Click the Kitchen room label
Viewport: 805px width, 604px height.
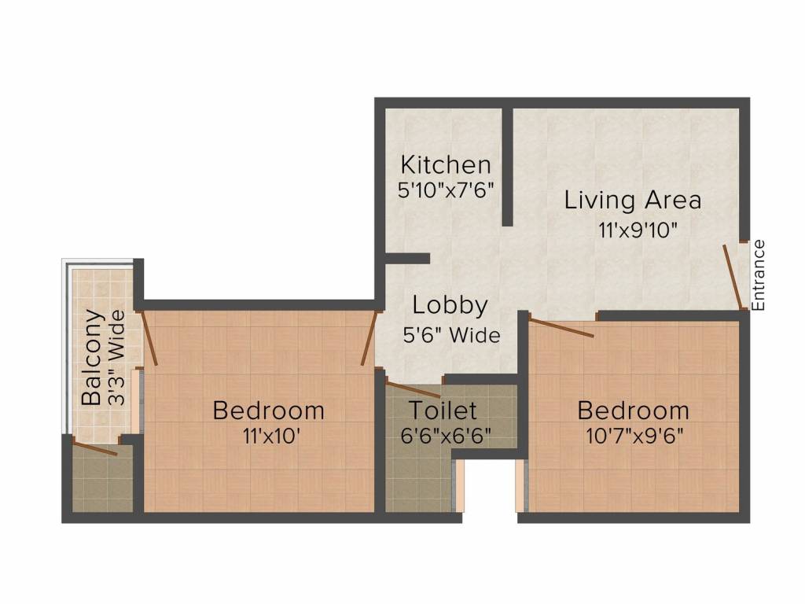pos(446,165)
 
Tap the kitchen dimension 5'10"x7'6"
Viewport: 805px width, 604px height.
pos(446,190)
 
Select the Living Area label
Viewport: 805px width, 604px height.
pos(632,200)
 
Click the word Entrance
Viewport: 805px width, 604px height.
pos(758,274)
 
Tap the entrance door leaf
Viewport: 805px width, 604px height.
pos(733,277)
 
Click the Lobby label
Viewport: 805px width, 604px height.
pos(450,305)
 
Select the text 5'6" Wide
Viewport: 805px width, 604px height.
pos(450,336)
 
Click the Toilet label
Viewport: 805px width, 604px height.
pos(442,411)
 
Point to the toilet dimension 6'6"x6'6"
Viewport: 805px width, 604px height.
pos(446,436)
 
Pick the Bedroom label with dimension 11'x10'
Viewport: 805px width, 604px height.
pos(269,411)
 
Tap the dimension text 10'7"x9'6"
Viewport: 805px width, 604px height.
pos(633,436)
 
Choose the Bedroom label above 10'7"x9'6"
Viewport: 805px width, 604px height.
pos(633,411)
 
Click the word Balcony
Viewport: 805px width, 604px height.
pos(93,358)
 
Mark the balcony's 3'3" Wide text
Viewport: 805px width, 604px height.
pos(116,358)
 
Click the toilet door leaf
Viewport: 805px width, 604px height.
pos(413,389)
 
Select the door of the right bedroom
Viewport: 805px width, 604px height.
pos(561,326)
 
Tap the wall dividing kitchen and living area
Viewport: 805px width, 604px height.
pos(508,165)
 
